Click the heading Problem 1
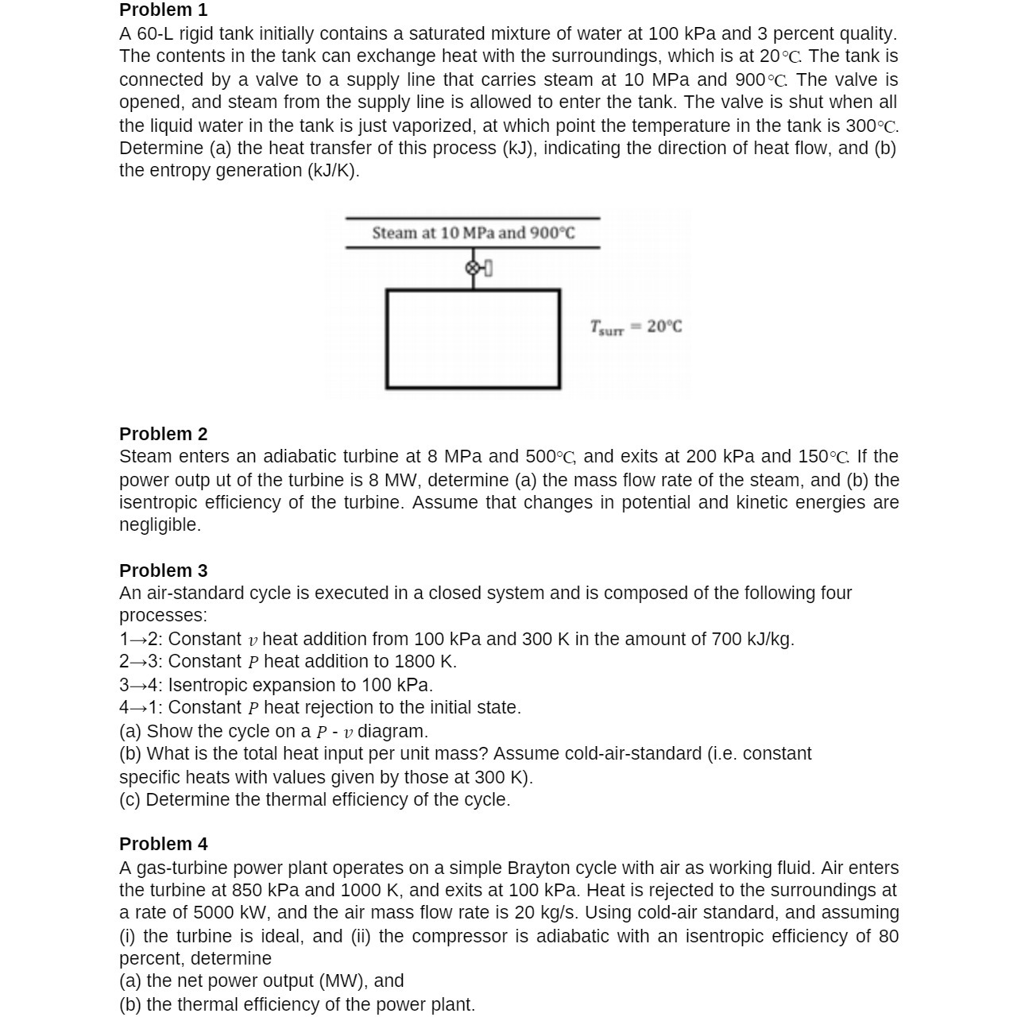coord(163,10)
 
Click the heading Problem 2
coord(163,434)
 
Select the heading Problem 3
coord(163,570)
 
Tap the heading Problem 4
coord(163,844)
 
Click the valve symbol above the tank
coord(474,269)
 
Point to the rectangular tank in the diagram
coord(473,339)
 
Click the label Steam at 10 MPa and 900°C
coord(473,233)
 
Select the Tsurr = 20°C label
coord(636,327)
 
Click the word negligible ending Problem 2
coord(159,524)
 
